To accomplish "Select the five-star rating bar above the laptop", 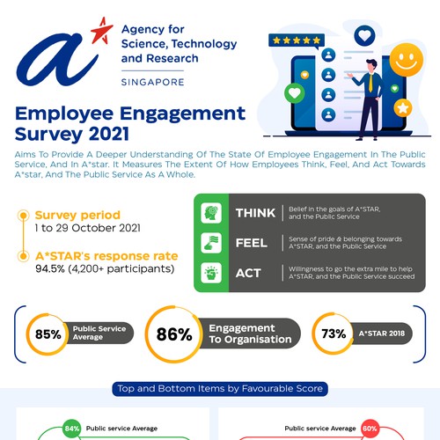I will pyautogui.click(x=295, y=40).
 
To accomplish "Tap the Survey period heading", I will pyautogui.click(x=77, y=215).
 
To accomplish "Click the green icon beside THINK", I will pyautogui.click(x=211, y=214).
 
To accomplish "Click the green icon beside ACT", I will pyautogui.click(x=211, y=274).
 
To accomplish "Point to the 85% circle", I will pyautogui.click(x=47, y=334).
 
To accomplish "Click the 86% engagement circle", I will pyautogui.click(x=173, y=334).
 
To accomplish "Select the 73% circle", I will pyautogui.click(x=334, y=334).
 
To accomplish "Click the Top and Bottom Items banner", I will pyautogui.click(x=219, y=387).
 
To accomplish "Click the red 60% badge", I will pyautogui.click(x=370, y=429).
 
